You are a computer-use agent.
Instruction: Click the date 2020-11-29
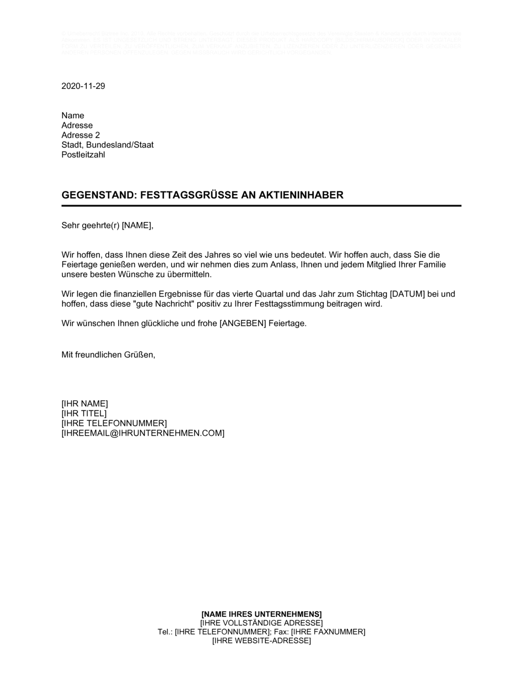point(83,86)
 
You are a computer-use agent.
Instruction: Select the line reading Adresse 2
point(81,135)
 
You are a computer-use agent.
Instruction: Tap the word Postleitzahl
point(83,155)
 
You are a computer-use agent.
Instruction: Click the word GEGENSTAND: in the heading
point(99,195)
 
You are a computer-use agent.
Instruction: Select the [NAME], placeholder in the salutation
point(139,226)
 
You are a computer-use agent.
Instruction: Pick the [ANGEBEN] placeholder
point(243,323)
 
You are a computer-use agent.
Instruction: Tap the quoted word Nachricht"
point(178,304)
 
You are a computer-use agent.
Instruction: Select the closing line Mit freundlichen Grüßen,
point(108,355)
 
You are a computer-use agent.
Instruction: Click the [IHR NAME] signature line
point(85,404)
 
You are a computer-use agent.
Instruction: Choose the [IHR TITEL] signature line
point(84,414)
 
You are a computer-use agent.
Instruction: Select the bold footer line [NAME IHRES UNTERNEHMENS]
point(261,614)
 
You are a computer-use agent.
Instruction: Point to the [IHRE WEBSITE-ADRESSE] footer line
point(261,641)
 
